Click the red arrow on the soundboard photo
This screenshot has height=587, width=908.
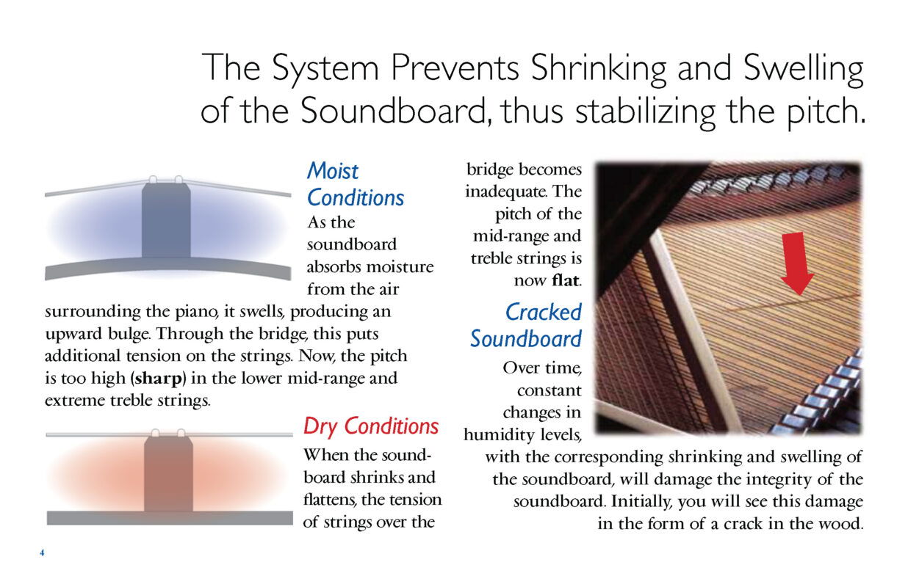[x=797, y=263]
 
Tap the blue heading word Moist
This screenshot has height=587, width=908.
[x=332, y=170]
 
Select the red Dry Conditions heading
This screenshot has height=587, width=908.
[x=371, y=426]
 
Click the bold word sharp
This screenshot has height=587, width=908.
[x=159, y=379]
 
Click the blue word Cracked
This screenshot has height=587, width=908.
[x=543, y=312]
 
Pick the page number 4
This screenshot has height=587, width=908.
[x=42, y=553]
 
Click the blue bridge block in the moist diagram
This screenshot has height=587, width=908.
[x=166, y=220]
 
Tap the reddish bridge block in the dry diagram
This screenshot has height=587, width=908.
[x=168, y=474]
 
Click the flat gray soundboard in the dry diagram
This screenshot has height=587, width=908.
[x=170, y=518]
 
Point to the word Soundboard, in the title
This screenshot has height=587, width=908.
[x=395, y=111]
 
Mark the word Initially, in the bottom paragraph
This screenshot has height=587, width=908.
[x=641, y=502]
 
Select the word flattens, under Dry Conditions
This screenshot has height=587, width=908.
[x=330, y=500]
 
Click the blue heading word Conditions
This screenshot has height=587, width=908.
[x=356, y=197]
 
